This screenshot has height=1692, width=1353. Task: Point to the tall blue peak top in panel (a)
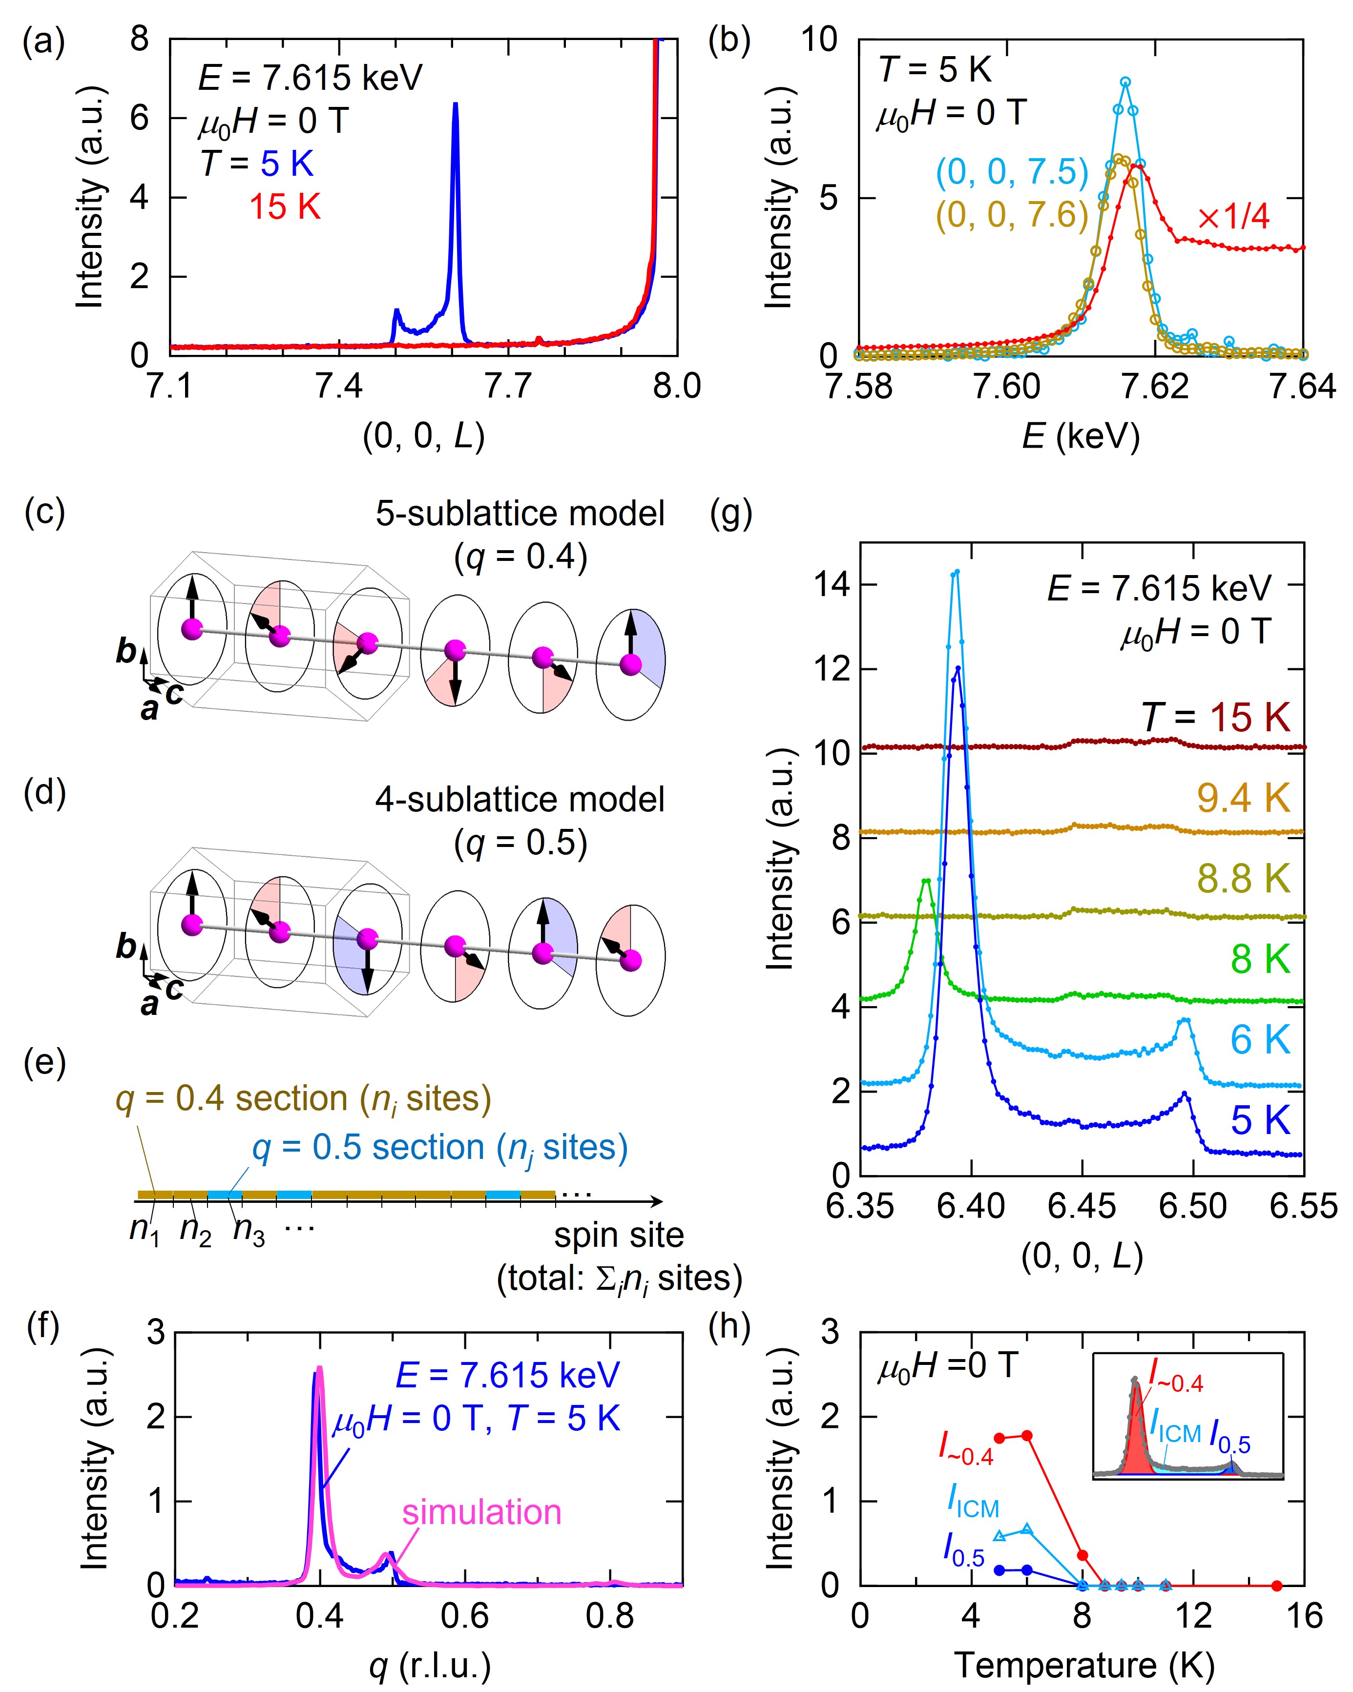pyautogui.click(x=455, y=104)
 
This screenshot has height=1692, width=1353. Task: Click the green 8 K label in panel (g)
pyautogui.click(x=1260, y=959)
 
